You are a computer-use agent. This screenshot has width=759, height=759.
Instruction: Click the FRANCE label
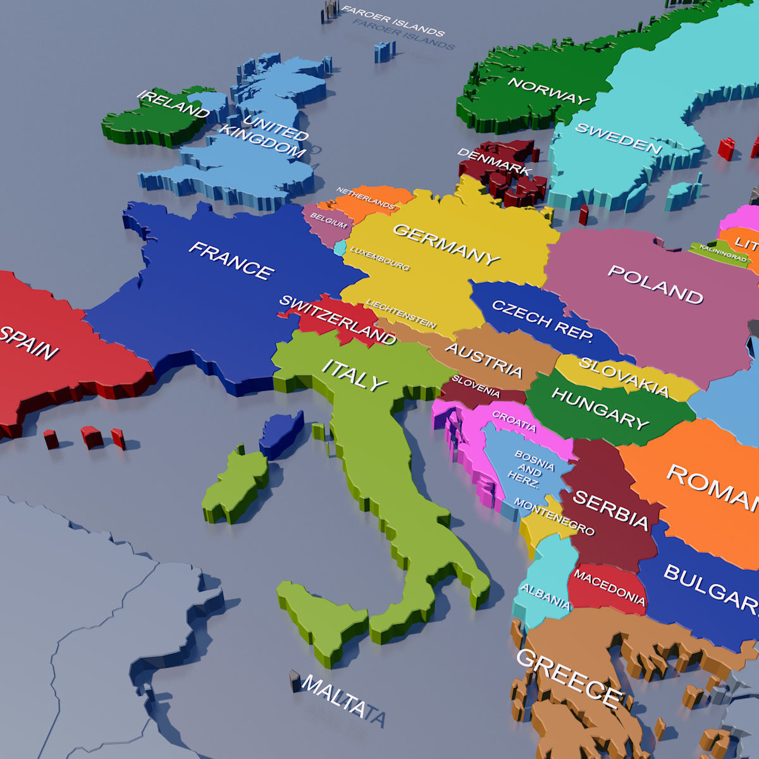231,260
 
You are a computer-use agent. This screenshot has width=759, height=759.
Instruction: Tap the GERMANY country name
447,243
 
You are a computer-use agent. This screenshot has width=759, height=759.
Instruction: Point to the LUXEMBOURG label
380,258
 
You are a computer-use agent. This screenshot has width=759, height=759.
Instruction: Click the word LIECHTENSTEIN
401,313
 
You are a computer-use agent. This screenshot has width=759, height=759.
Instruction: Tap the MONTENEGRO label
554,516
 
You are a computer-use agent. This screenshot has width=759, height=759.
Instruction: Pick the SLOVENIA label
476,386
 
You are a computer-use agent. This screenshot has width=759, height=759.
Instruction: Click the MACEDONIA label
609,588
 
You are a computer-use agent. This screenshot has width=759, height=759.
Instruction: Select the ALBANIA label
545,595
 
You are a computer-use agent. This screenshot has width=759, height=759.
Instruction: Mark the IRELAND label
173,104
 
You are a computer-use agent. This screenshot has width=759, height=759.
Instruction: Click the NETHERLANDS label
366,199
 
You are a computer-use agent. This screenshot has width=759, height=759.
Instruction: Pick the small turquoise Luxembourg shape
341,247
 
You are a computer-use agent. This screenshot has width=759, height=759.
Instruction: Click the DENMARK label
494,162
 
